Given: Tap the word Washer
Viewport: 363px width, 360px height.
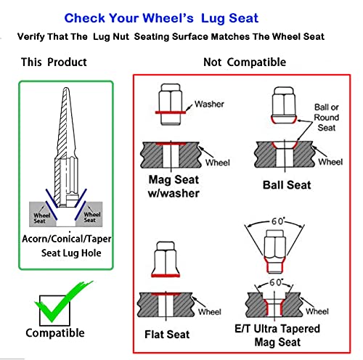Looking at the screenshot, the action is (x=209, y=104).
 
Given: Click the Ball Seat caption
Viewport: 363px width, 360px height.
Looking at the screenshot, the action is (x=287, y=185).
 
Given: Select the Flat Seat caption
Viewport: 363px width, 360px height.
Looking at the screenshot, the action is (x=167, y=335).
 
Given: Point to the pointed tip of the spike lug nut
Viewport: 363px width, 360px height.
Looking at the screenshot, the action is (x=66, y=88).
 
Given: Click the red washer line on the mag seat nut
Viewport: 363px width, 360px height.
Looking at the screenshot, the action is (x=171, y=112).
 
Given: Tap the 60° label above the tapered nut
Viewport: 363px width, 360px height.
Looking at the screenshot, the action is (x=277, y=221).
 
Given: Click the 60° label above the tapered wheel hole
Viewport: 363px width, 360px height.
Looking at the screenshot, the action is (x=276, y=282).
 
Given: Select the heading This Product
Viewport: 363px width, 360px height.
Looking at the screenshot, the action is (x=54, y=62).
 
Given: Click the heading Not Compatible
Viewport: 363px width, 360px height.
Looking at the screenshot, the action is (x=245, y=62).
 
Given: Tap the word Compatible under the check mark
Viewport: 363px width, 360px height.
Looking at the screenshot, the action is (x=55, y=333).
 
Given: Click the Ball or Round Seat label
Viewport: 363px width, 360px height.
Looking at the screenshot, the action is (x=327, y=118).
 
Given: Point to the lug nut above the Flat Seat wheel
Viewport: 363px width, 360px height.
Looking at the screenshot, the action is (x=166, y=259).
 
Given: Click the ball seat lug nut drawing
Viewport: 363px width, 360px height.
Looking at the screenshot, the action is (x=284, y=105).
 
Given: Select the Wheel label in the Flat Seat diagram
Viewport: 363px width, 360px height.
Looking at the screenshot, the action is (x=210, y=311).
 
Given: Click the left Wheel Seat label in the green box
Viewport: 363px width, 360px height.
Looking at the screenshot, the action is (x=41, y=218).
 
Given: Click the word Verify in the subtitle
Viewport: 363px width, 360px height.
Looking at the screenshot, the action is (x=31, y=37).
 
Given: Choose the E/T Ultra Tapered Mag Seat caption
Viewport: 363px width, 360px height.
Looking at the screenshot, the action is (x=277, y=335).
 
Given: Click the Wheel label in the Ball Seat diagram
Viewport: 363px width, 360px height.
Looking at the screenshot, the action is (x=330, y=162).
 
